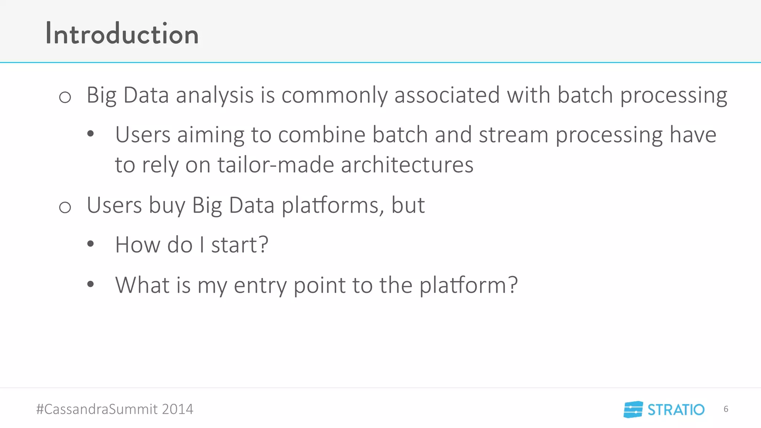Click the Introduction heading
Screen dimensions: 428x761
[122, 34]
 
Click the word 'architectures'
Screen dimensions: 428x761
[407, 165]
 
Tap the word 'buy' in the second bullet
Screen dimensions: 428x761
[167, 205]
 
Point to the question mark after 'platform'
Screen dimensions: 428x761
[512, 285]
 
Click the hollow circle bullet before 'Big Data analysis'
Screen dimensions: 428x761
[65, 97]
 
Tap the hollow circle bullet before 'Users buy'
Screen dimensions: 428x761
[65, 207]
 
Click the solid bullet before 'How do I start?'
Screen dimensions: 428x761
[91, 244]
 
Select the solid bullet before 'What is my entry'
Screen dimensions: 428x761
[91, 285]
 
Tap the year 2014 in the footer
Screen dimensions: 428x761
[177, 409]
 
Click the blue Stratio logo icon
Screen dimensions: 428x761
[633, 409]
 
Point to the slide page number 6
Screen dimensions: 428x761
[726, 409]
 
